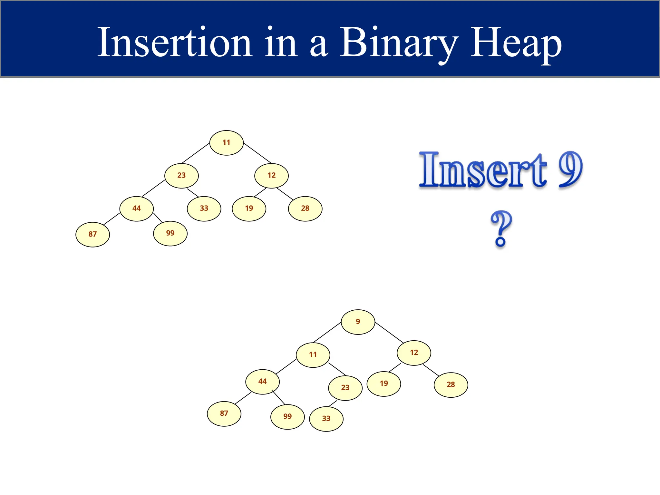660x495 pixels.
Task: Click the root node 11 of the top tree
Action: [x=226, y=143]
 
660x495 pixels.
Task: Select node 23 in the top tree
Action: [x=181, y=176]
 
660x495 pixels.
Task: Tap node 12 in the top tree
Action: [x=271, y=176]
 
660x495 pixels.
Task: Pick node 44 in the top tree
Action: [x=136, y=209]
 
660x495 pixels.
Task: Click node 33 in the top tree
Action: [x=204, y=209]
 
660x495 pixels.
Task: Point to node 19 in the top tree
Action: [x=249, y=209]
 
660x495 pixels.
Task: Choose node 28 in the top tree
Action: [x=305, y=209]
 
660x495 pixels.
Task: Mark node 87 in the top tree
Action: [x=92, y=234]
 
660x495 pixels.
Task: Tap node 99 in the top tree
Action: [x=170, y=233]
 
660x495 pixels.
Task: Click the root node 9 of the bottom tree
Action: [x=358, y=322]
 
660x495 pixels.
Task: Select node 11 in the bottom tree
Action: [x=313, y=355]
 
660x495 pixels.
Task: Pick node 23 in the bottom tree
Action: [x=345, y=388]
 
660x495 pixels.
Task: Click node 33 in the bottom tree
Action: [x=326, y=419]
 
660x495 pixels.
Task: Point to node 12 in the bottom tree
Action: [x=414, y=353]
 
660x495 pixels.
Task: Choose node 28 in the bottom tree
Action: [x=451, y=385]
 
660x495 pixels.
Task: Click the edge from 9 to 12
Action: [x=389, y=333]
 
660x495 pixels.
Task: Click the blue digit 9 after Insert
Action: [x=570, y=169]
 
